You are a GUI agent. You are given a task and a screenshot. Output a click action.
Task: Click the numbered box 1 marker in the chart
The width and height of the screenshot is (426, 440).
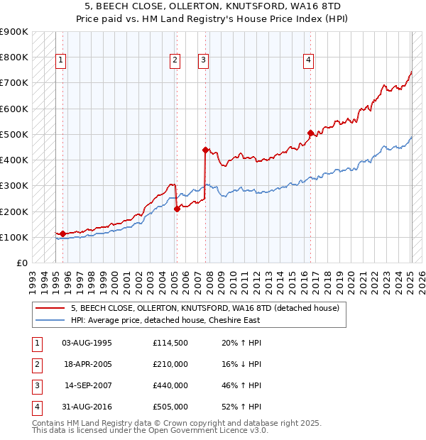[x=61, y=61]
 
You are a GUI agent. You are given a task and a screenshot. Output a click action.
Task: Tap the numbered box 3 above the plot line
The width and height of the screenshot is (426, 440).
[x=203, y=61]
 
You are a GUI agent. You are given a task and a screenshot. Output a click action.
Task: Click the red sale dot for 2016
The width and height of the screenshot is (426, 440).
[x=310, y=133]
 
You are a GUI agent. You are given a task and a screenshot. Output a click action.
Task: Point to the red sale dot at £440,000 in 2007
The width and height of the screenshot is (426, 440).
[x=205, y=150]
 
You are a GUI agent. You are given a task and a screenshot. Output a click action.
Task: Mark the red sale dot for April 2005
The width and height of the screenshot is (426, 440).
[x=177, y=209]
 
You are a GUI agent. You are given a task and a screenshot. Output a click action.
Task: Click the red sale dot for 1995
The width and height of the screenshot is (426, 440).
[x=62, y=233]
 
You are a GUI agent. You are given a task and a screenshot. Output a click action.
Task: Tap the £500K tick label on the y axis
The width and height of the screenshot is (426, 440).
[x=14, y=134]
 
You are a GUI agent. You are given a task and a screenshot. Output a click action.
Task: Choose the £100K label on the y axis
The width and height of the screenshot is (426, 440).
[x=14, y=237]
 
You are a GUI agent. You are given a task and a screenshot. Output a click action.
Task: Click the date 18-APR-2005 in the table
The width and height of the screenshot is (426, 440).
[x=87, y=365]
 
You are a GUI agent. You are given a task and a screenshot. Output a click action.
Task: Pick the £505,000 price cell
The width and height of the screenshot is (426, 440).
[x=170, y=407]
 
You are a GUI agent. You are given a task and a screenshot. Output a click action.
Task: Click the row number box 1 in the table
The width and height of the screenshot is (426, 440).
[x=36, y=343]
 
